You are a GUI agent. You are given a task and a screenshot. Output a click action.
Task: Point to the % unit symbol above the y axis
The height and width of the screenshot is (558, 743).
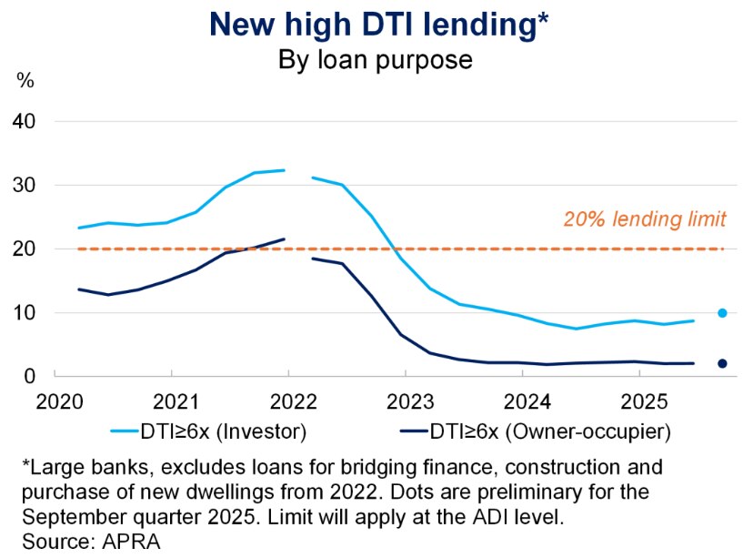[25, 81]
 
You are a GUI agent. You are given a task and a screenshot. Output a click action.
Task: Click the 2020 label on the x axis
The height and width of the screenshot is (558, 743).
[55, 401]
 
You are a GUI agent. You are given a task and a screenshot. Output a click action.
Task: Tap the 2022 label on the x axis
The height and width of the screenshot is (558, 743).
[289, 401]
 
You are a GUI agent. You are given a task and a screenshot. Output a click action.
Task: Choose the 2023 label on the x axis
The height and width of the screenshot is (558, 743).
[406, 401]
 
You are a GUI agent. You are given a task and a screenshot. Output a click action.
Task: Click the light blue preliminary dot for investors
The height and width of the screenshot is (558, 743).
[722, 313]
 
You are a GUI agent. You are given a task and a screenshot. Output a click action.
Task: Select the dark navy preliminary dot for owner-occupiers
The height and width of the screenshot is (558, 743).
[722, 363]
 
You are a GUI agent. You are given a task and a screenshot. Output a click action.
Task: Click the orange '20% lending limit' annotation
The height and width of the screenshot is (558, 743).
[643, 218]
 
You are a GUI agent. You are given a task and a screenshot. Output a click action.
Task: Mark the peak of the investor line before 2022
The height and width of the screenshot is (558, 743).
[284, 170]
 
